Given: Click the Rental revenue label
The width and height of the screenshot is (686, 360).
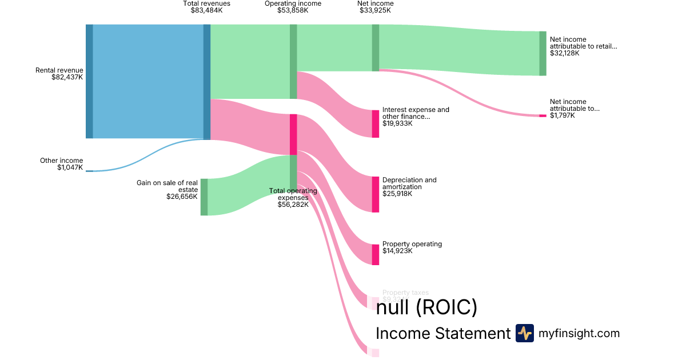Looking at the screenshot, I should [x=59, y=74].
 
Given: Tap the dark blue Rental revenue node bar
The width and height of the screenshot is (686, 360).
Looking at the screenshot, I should [x=89, y=81].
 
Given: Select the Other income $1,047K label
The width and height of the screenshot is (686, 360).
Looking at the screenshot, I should [x=61, y=164].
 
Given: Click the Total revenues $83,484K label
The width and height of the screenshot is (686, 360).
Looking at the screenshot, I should [x=206, y=7].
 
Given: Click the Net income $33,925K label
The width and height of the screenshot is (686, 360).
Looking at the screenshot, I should [x=375, y=7].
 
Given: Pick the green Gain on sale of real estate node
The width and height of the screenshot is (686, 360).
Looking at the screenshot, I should [x=204, y=197].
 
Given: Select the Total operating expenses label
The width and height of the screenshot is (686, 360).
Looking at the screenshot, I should [x=293, y=198].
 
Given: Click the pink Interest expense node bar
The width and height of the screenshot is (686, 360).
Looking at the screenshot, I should [x=375, y=123].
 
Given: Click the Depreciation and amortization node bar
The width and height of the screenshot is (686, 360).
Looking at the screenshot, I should [x=375, y=194].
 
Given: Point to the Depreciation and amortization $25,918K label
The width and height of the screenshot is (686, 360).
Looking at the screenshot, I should [x=409, y=187].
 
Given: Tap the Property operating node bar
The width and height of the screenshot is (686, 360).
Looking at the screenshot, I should [x=375, y=254].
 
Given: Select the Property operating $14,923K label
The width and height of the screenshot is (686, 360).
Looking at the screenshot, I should [x=412, y=247].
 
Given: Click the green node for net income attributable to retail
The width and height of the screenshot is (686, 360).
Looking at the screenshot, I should [x=543, y=53].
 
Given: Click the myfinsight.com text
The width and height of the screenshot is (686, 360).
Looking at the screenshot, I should [x=579, y=333].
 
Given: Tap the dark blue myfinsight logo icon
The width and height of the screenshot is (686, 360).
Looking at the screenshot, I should [x=524, y=333].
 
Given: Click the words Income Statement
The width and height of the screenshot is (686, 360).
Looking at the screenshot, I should [x=442, y=333].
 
